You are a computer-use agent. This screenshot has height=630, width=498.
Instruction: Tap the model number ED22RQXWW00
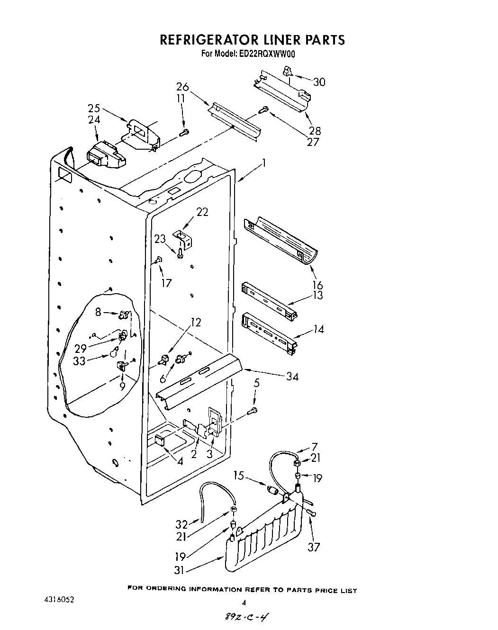269,54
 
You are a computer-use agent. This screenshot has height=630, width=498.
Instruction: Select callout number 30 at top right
319,82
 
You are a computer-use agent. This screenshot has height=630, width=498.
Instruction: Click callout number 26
182,87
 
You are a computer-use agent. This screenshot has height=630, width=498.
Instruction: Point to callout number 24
94,120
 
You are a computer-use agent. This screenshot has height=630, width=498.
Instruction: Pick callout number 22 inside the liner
202,212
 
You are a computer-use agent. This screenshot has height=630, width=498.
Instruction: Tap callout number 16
317,285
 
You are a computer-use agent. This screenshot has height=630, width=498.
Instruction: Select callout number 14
318,328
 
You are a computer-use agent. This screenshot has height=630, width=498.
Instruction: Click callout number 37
313,547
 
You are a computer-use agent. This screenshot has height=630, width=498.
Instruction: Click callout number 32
182,524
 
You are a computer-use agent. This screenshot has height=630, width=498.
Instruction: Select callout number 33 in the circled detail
79,360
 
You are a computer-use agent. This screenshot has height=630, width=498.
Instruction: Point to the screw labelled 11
185,132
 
